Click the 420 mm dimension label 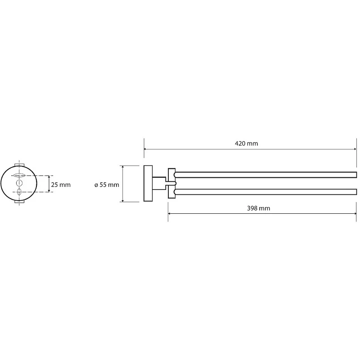click(x=246, y=144)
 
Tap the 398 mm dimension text click(x=258, y=208)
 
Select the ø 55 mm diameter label click(x=107, y=185)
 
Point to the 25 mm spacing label click(x=61, y=185)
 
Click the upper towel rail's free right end click(x=356, y=175)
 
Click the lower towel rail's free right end click(x=356, y=192)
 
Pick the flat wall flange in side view click(x=148, y=184)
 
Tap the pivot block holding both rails click(x=171, y=183)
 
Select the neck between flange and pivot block click(x=159, y=183)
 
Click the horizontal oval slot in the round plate click(x=19, y=175)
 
